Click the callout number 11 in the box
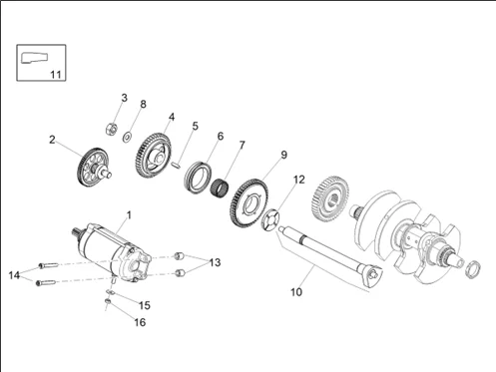click(x=56, y=74)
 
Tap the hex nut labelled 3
click(x=111, y=129)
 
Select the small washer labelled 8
click(x=127, y=137)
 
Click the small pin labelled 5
click(x=177, y=164)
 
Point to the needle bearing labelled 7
click(x=220, y=188)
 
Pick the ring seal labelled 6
click(x=198, y=177)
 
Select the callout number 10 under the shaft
click(x=296, y=292)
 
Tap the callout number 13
click(x=215, y=262)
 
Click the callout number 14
click(x=14, y=275)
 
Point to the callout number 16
click(x=140, y=322)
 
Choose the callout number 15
click(x=145, y=305)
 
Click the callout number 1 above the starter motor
click(x=129, y=215)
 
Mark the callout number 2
click(x=52, y=140)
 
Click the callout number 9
click(x=283, y=155)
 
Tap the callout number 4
click(x=172, y=117)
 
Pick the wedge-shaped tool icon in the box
click(x=34, y=58)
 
